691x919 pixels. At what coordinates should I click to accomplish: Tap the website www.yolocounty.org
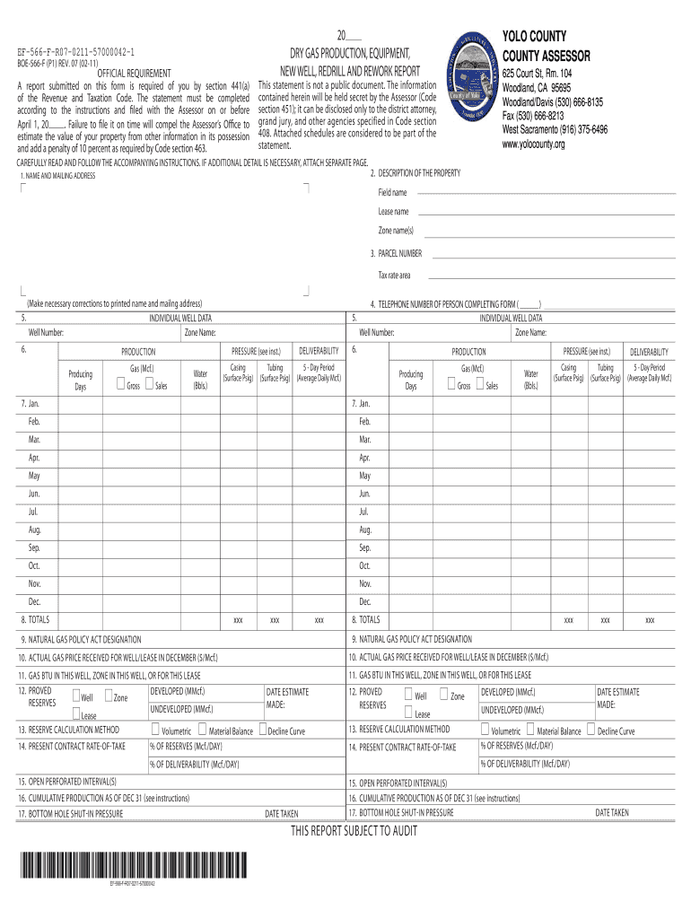pos(533,144)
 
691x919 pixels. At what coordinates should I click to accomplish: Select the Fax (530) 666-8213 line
pos(533,116)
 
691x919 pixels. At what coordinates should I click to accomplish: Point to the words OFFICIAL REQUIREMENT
pos(135,73)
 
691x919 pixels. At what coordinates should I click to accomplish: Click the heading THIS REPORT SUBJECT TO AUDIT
pos(354,831)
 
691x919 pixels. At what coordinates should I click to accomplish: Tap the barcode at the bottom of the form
pos(131,866)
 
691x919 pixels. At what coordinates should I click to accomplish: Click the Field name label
pos(391,193)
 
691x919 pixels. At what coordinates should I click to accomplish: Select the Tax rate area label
pos(394,275)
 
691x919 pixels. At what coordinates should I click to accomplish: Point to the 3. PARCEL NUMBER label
pos(396,254)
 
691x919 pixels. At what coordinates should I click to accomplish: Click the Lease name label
pos(393,212)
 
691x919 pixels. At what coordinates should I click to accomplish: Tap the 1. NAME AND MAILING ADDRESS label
pos(57,176)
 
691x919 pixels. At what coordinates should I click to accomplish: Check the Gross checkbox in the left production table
pos(120,385)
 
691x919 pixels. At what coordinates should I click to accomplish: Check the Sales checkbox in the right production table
pos(480,385)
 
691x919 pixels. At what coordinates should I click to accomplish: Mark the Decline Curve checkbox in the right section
pos(590,730)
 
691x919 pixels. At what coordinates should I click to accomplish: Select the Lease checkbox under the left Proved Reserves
pos(76,713)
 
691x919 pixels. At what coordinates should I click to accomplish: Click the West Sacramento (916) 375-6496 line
pos(555,129)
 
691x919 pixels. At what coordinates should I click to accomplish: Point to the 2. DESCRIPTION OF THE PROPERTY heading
pos(415,173)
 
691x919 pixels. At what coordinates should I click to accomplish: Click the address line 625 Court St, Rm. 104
pos(537,74)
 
